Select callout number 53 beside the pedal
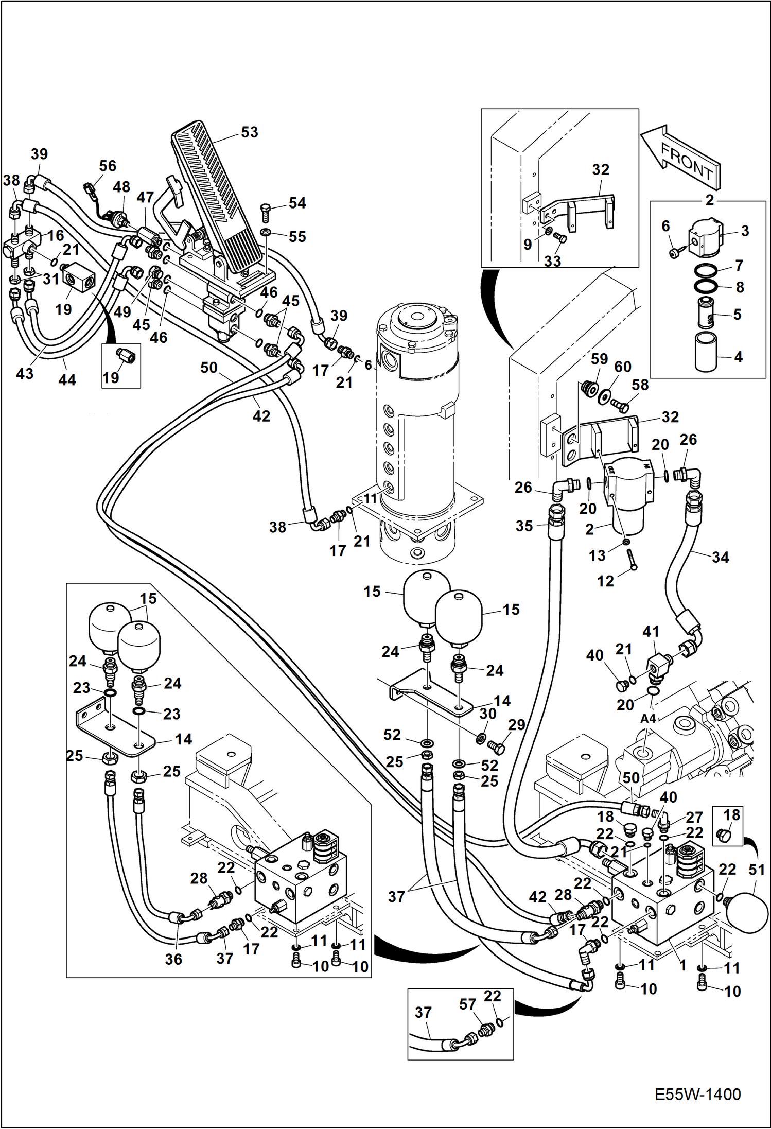(x=250, y=132)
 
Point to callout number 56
(x=108, y=166)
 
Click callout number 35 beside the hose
(x=524, y=526)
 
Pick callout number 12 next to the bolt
(x=605, y=581)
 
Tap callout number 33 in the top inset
(x=552, y=261)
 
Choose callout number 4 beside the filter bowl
(x=739, y=356)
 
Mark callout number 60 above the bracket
(x=623, y=367)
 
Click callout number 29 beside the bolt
(x=516, y=725)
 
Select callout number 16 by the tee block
(x=56, y=235)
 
